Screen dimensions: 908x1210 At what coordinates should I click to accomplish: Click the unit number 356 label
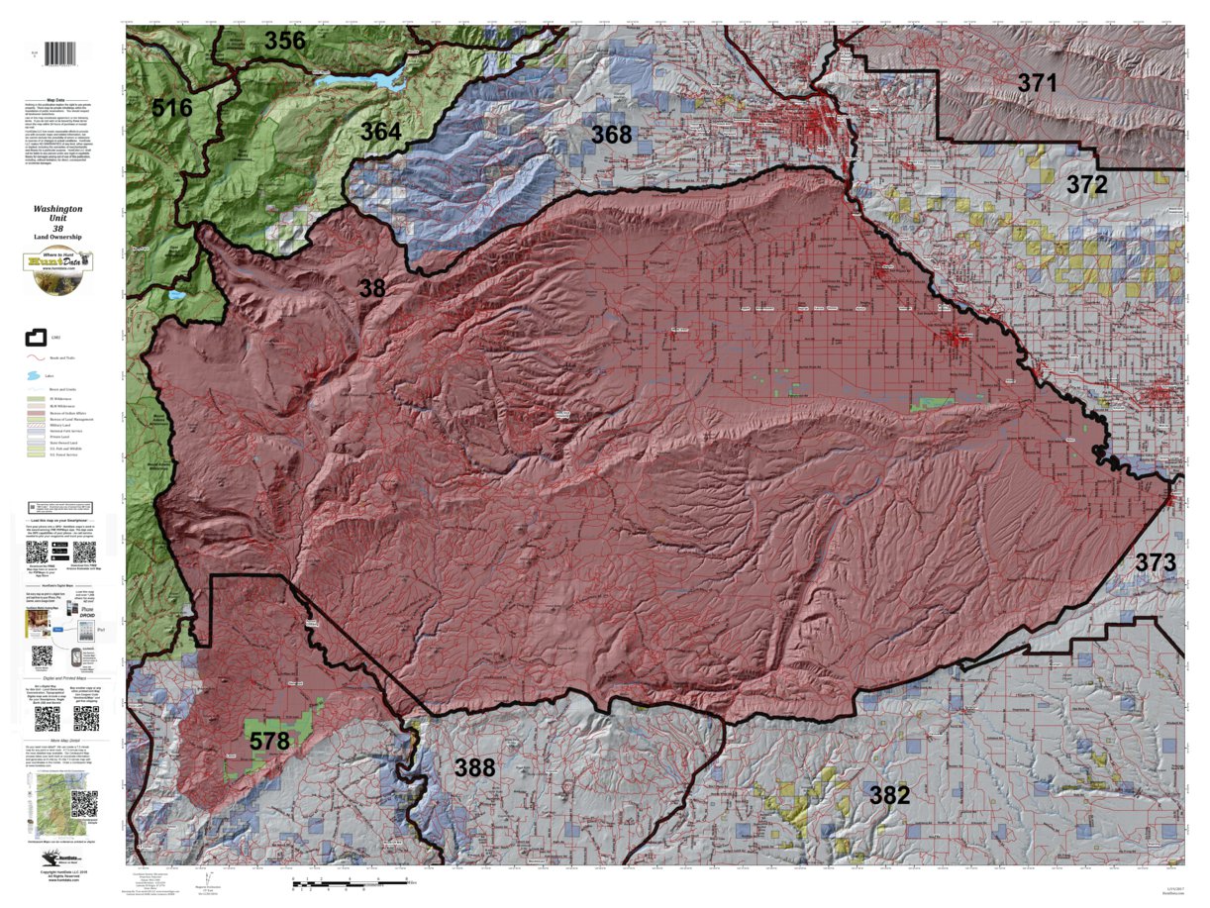point(284,41)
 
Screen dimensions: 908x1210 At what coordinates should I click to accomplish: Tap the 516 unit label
point(171,108)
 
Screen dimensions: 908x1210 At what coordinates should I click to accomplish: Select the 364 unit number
point(380,132)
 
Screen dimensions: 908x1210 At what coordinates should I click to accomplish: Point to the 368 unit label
point(611,134)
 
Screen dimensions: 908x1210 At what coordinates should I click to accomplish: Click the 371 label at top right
point(1038,83)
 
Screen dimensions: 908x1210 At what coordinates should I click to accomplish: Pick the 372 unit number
point(1087,184)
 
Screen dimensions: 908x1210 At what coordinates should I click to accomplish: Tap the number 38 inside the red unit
point(371,288)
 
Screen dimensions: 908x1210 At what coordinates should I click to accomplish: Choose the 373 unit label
point(1155,562)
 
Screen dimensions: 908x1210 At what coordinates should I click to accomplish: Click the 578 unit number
point(268,741)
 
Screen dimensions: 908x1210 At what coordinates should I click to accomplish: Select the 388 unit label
point(474,766)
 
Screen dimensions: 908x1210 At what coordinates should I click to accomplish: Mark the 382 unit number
point(889,793)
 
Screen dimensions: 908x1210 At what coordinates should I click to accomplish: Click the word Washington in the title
point(57,210)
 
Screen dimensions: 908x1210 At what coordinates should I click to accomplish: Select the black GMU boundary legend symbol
point(37,340)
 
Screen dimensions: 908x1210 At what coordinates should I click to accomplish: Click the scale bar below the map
point(356,880)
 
